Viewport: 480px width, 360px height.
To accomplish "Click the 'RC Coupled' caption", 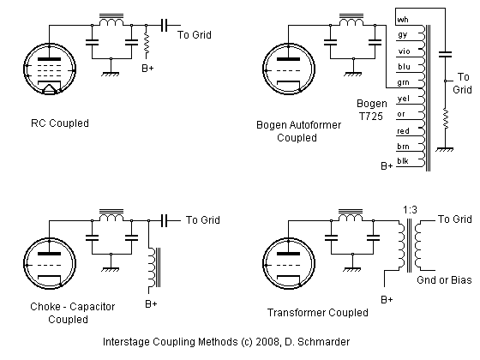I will pos(59,123).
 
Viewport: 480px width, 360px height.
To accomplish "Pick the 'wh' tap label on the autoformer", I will pos(402,19).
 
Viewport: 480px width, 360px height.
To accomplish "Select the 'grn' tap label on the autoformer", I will pos(403,82).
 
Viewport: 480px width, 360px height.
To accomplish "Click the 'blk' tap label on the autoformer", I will pos(403,161).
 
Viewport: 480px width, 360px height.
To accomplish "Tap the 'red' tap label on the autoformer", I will pos(403,129).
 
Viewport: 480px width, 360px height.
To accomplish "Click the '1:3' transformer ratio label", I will pos(411,208).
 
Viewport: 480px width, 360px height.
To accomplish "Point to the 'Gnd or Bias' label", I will pos(444,280).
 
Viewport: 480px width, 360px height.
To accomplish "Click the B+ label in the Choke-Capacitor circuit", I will pos(151,304).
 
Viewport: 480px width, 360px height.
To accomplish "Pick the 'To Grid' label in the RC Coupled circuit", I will pos(195,35).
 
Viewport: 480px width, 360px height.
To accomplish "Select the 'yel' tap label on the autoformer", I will pos(403,98).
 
